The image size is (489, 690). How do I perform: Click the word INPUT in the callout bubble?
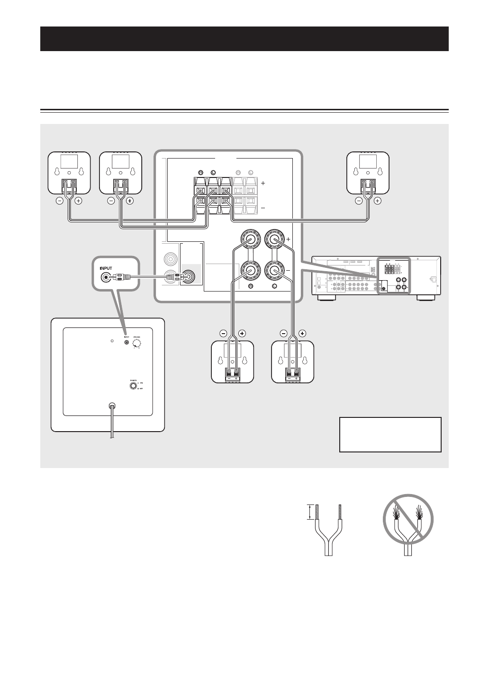click(108, 267)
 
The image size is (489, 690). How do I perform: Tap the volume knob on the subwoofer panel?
click(137, 344)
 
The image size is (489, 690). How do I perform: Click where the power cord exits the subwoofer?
click(112, 407)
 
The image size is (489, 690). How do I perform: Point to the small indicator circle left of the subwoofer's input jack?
click(112, 341)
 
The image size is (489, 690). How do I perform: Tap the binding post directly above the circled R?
click(251, 270)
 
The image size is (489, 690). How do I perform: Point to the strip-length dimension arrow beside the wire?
click(310, 513)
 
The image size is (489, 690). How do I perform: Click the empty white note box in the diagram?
click(390, 434)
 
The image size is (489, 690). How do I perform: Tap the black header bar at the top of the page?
click(244, 39)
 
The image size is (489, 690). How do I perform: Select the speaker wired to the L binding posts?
click(293, 362)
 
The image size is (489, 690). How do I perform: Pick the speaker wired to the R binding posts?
click(232, 362)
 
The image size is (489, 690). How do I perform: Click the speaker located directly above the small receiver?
click(368, 173)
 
